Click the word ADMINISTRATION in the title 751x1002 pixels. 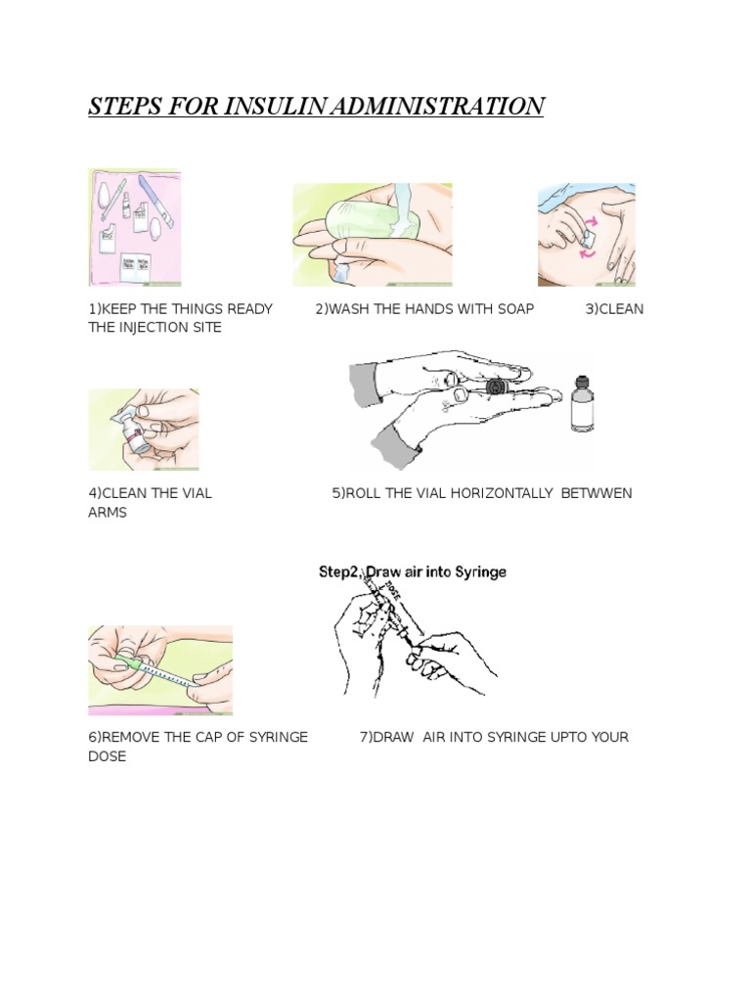pos(437,106)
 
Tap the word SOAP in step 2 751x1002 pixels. pos(515,309)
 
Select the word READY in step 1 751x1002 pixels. pos(249,309)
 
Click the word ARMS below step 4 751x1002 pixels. pos(108,513)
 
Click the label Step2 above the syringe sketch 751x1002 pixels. pos(339,571)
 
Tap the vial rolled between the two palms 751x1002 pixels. pos(496,387)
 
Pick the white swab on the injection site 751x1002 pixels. pos(589,240)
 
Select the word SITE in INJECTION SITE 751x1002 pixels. pos(206,328)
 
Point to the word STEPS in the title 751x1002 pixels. pos(125,106)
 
